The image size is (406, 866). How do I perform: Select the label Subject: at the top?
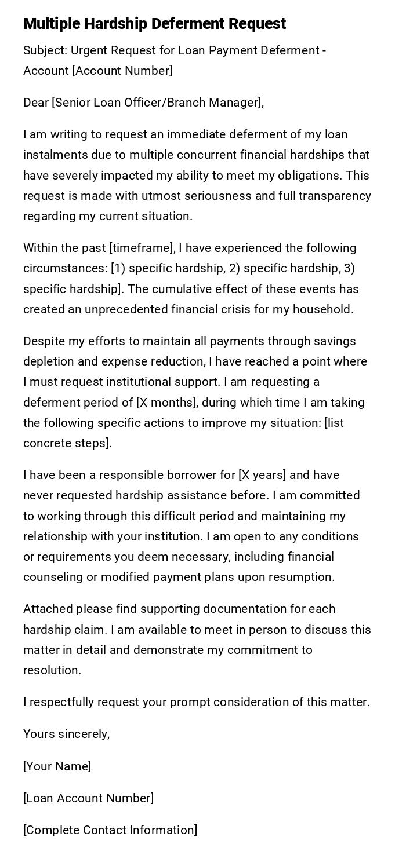tap(45, 50)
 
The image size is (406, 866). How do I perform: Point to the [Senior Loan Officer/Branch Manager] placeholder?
tap(157, 103)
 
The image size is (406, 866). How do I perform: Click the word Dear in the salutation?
tap(36, 103)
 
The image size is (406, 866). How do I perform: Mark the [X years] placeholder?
tap(262, 475)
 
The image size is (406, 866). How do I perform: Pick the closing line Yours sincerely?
tap(66, 734)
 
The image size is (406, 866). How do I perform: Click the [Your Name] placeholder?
tap(57, 766)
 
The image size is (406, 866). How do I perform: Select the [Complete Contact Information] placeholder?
tap(110, 830)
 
